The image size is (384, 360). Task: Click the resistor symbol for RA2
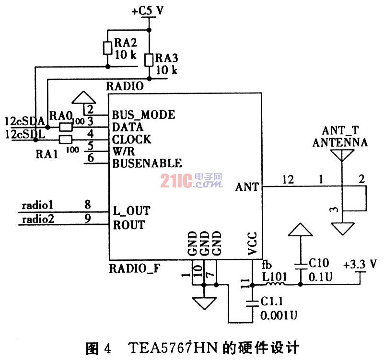coord(107,48)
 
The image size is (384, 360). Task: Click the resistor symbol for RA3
coord(149,60)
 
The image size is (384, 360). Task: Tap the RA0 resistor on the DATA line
coord(66,128)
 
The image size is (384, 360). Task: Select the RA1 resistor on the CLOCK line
coord(66,139)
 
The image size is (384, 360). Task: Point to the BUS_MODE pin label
coord(143,115)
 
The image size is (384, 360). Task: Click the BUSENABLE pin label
coord(147,163)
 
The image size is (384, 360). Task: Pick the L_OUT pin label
coord(131,211)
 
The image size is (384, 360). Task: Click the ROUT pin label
coord(129,225)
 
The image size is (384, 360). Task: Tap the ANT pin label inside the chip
coord(247,187)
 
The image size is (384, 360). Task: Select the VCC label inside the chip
coord(252,243)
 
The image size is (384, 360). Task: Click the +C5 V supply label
coord(148,11)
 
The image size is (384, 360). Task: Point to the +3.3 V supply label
coord(360,265)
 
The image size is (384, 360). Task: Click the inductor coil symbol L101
coord(275,284)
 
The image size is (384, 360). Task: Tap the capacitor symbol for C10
coord(301,267)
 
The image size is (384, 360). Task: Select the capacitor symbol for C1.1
coord(252,303)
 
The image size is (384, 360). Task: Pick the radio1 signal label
coord(37,205)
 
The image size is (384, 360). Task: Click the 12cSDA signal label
coord(25,121)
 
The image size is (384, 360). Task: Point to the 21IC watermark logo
coord(191,181)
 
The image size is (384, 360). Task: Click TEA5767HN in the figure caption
coord(173,347)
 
